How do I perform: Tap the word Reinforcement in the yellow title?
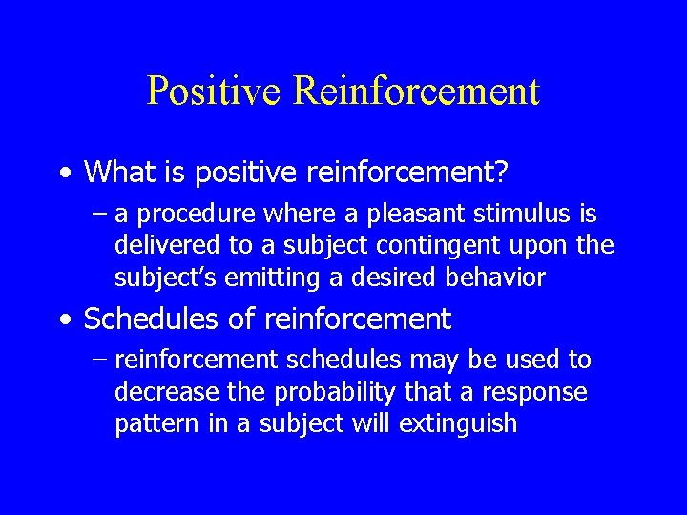pyautogui.click(x=417, y=92)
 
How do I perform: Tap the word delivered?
pyautogui.click(x=167, y=246)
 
